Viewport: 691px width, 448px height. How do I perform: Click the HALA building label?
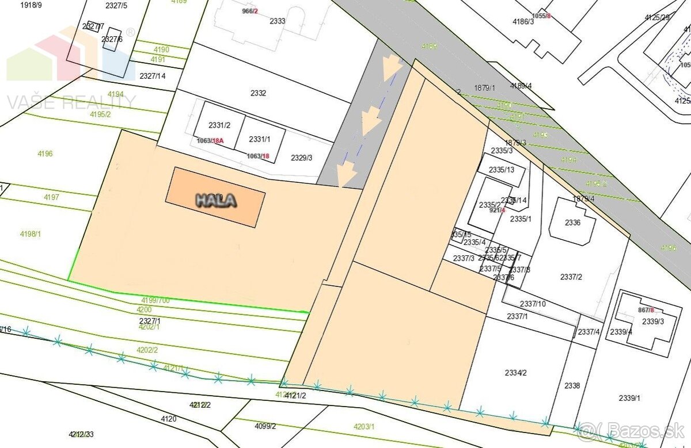tap(216, 200)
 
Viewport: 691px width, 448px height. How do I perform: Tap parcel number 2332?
tap(258, 93)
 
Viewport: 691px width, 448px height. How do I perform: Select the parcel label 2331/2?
tap(219, 125)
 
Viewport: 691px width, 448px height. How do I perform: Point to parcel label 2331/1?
tap(260, 139)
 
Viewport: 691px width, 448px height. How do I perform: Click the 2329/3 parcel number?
tap(302, 158)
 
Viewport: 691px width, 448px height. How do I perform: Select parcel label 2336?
tap(572, 223)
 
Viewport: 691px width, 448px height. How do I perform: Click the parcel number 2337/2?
tap(571, 277)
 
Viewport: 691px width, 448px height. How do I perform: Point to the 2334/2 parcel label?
tap(516, 373)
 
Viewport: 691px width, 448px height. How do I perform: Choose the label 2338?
tap(572, 386)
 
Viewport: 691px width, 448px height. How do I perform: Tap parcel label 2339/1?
tap(629, 398)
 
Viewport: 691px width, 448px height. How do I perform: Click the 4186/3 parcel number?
tap(523, 22)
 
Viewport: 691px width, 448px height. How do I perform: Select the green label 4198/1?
tap(31, 234)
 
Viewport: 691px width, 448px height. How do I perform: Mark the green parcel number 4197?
tap(51, 197)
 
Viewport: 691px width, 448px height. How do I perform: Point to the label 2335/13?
tap(501, 170)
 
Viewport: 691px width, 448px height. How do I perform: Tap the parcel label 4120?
tap(169, 419)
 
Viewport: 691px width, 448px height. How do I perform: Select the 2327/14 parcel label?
tap(153, 76)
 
